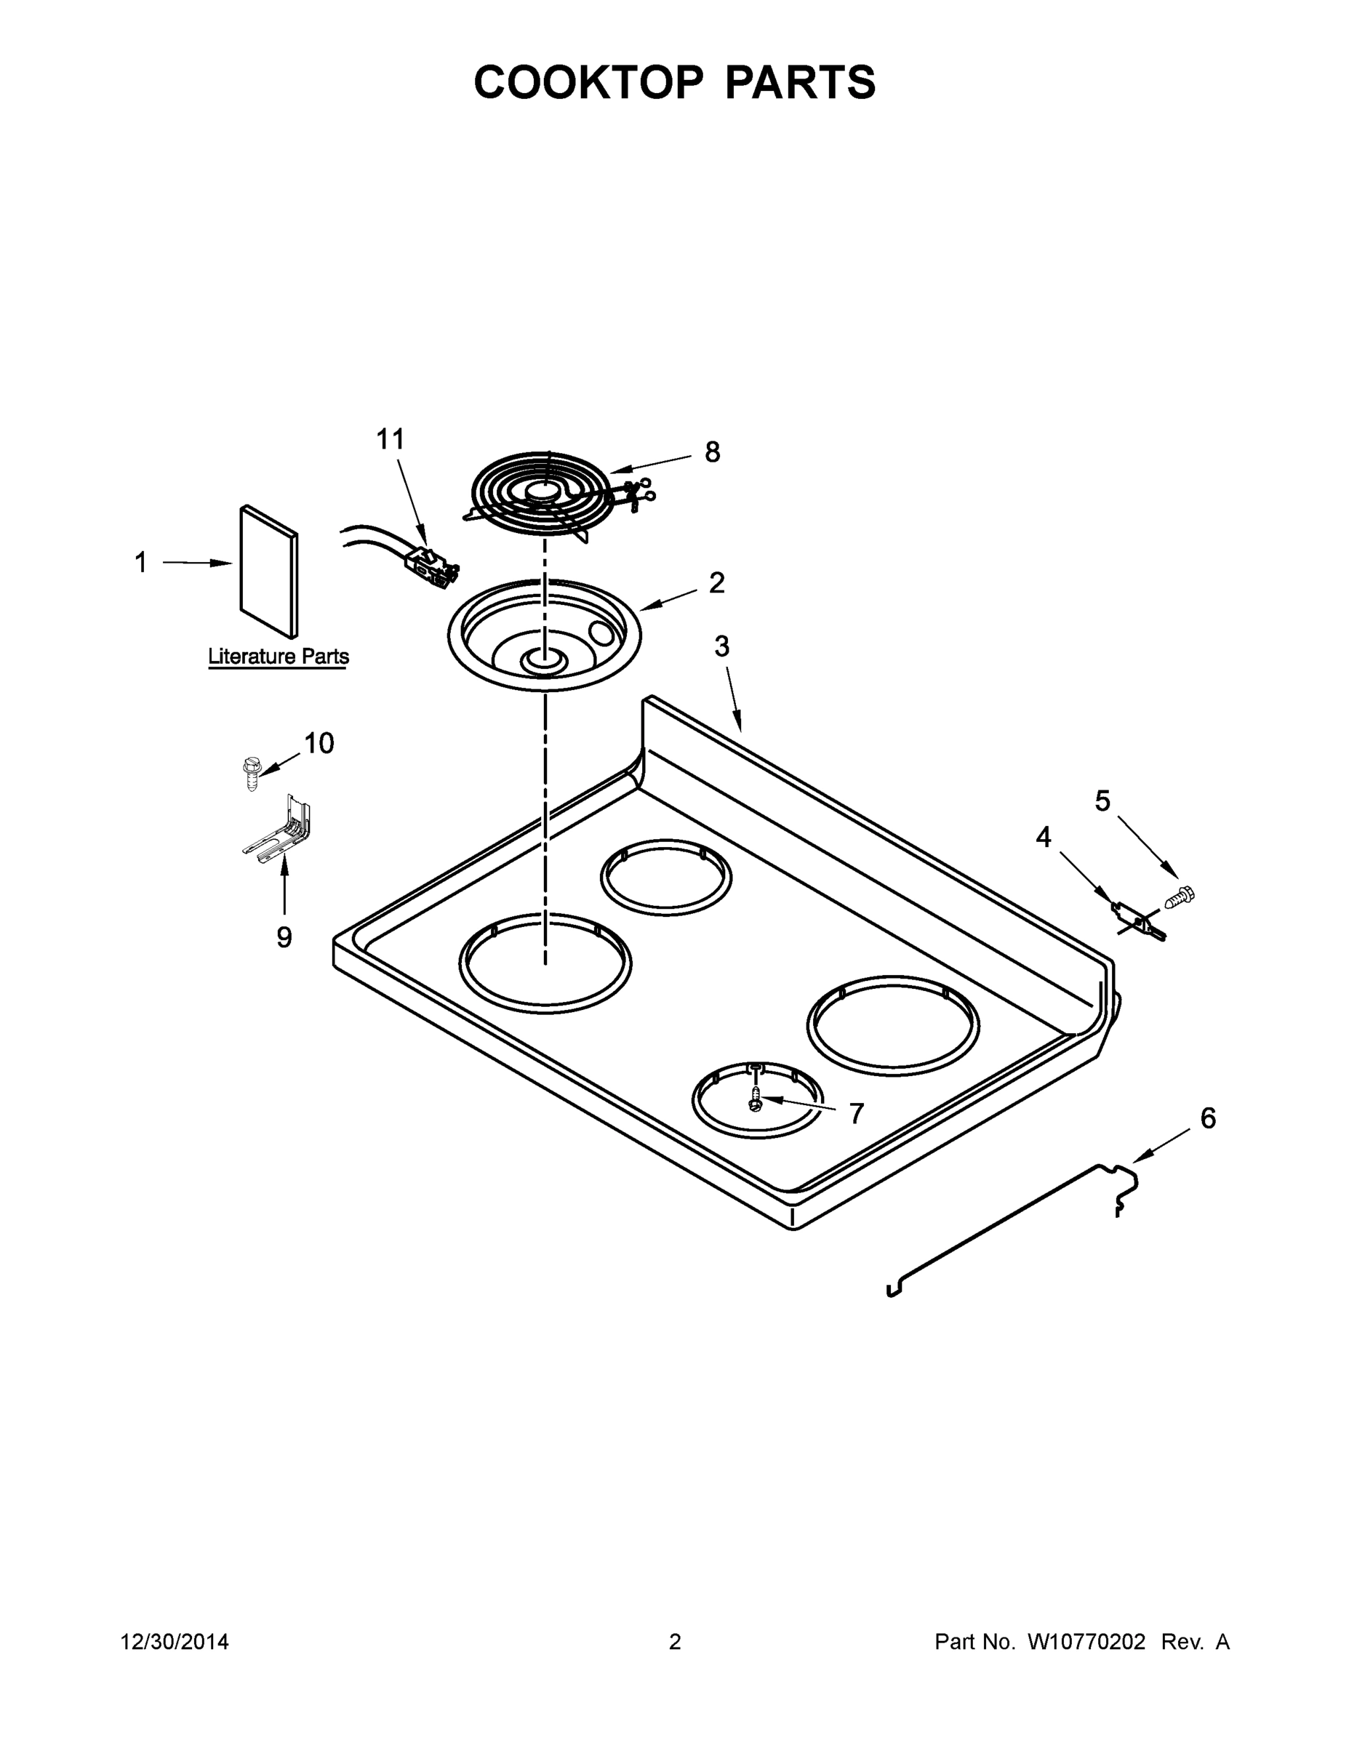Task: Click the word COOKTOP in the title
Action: [589, 82]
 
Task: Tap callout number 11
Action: [390, 439]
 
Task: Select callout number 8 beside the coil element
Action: [712, 452]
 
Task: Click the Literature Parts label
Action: [278, 657]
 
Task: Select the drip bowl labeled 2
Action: [544, 635]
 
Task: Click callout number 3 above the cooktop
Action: [721, 646]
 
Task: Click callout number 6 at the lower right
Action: [1207, 1118]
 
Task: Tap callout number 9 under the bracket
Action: [284, 937]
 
